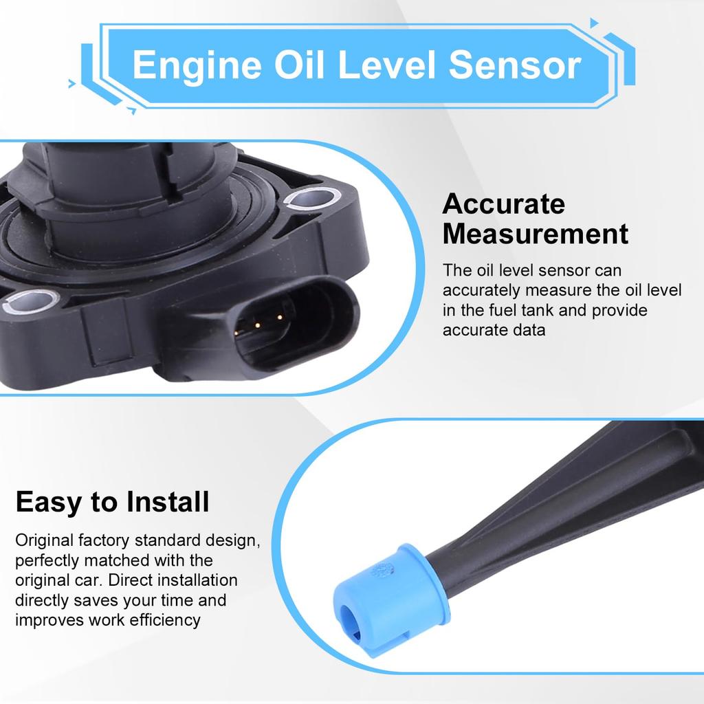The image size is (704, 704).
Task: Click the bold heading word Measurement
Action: tap(535, 234)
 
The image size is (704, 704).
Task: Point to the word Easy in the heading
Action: tap(47, 503)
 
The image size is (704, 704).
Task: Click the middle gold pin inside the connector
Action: tap(256, 324)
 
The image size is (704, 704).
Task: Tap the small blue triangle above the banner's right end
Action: tap(594, 23)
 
